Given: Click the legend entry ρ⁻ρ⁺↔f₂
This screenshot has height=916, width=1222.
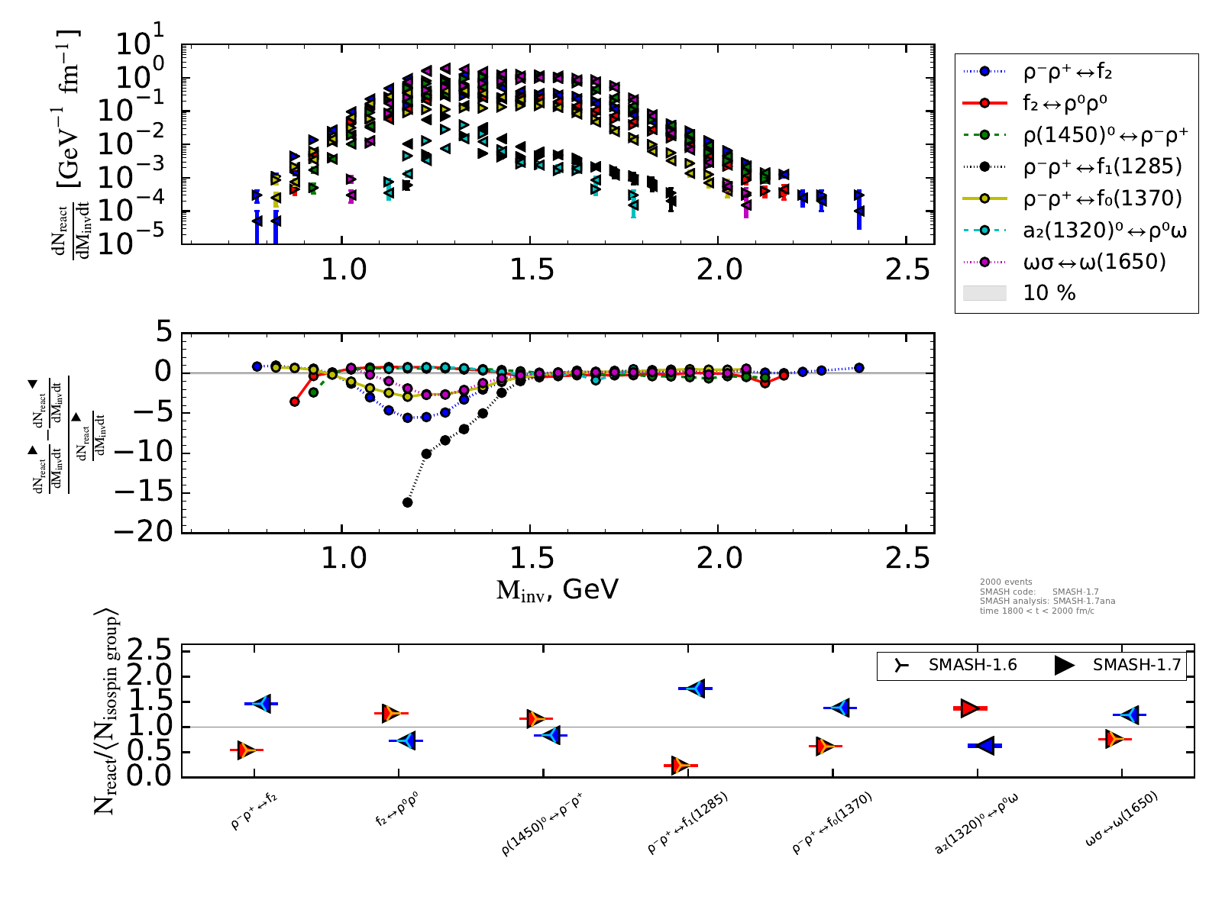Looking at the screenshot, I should pos(1067,72).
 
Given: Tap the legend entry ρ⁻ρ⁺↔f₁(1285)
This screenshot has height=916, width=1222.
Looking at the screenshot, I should pos(1102,166).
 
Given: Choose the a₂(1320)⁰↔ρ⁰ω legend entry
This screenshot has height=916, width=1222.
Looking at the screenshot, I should pos(1104,231).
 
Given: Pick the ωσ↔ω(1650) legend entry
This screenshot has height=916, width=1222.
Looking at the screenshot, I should pos(1094,262).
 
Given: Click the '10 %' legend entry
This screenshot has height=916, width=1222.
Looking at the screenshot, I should pos(1049,293).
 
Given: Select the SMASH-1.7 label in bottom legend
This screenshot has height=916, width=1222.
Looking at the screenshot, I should pos(1136,665).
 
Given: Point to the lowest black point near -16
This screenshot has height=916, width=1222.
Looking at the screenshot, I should pos(408,502).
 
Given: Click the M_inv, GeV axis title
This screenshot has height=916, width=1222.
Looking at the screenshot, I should pos(558,589).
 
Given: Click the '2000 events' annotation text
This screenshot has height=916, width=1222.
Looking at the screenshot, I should pos(1006,582).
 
